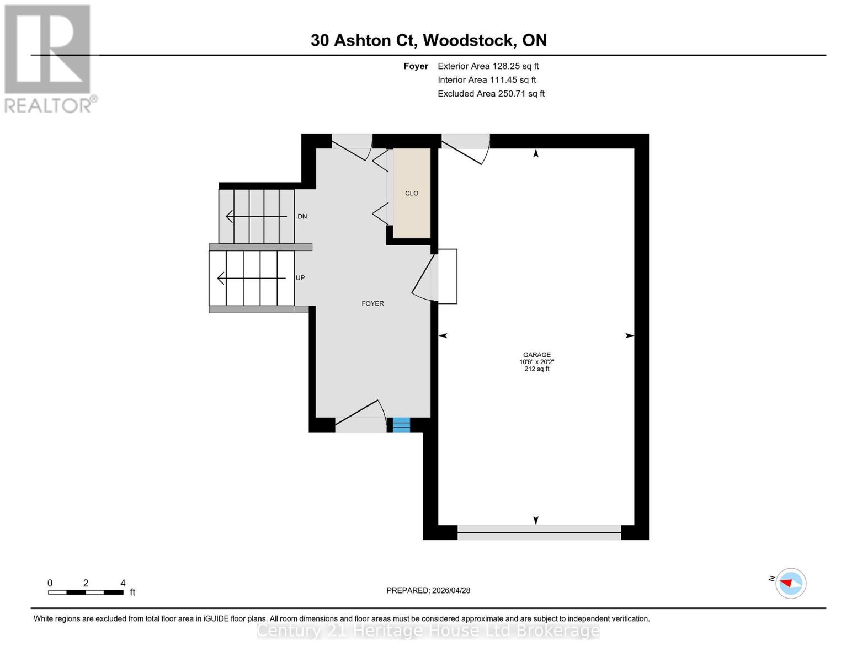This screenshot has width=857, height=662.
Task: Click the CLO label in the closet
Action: (x=412, y=193)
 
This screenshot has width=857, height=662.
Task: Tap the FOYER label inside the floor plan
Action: (x=372, y=303)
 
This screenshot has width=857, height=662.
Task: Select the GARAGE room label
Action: (x=537, y=355)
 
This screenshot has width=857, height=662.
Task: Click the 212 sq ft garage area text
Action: (x=537, y=369)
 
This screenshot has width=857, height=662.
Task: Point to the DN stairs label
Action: (x=302, y=216)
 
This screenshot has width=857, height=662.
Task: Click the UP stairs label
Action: (x=300, y=277)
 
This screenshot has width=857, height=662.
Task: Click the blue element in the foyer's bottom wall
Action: (x=401, y=425)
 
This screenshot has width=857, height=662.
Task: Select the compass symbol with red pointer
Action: (x=791, y=583)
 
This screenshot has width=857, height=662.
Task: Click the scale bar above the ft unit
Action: (x=86, y=592)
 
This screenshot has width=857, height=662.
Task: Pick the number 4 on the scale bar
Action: (x=123, y=583)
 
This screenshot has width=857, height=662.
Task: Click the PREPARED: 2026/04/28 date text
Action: (x=428, y=590)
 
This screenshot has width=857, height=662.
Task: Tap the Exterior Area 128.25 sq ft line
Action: (x=488, y=66)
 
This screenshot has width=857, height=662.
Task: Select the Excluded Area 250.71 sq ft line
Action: (x=491, y=94)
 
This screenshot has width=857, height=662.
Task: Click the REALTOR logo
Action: (x=49, y=58)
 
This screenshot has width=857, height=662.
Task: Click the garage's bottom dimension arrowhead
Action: (x=536, y=520)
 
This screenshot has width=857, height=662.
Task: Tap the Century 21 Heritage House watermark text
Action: (x=428, y=631)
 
